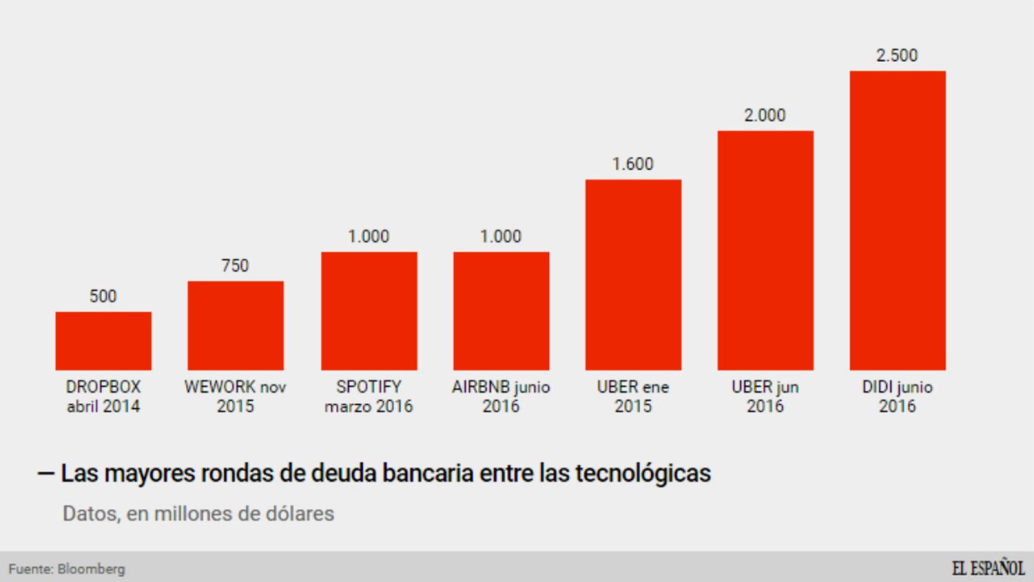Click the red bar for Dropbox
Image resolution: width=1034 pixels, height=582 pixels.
(x=103, y=341)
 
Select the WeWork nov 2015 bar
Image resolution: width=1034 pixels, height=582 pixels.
(x=235, y=326)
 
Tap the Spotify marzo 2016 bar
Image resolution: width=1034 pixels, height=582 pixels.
(x=369, y=311)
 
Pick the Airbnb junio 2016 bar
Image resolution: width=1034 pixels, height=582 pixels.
(x=501, y=311)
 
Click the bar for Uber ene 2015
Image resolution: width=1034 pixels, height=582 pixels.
(x=633, y=275)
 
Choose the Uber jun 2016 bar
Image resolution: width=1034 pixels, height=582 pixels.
(x=765, y=250)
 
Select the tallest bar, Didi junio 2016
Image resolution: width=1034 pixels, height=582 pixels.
(x=897, y=221)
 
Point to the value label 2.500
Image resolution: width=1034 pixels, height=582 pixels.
(x=897, y=56)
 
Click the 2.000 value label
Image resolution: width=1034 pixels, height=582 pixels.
(x=765, y=115)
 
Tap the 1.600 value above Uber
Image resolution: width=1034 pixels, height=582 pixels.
(x=633, y=164)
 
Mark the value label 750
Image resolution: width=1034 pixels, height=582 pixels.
(x=235, y=266)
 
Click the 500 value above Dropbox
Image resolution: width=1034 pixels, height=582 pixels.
(x=103, y=296)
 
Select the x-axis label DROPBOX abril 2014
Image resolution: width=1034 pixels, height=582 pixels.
(x=103, y=396)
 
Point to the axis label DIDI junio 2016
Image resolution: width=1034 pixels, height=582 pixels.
(x=897, y=396)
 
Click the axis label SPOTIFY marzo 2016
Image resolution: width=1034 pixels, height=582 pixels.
(x=369, y=396)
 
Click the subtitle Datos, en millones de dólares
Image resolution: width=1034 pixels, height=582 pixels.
(x=198, y=513)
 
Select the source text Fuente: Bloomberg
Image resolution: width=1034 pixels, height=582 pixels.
(x=67, y=569)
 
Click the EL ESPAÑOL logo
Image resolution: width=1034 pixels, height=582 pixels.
(x=987, y=569)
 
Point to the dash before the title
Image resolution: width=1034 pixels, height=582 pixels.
(x=46, y=473)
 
